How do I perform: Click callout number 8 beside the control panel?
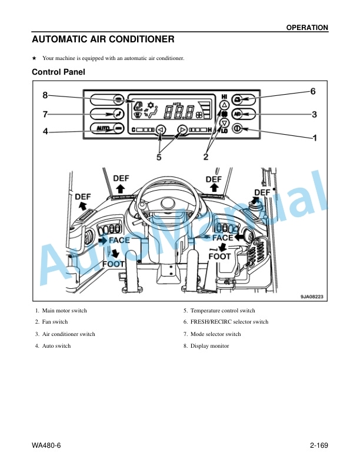pos(45,95)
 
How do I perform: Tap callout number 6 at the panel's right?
pos(313,91)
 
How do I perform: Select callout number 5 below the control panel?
pos(159,157)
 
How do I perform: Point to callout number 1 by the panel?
pos(315,138)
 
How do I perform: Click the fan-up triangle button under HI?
pos(224,105)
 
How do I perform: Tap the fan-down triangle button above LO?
pos(224,122)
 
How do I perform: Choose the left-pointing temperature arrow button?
pos(161,129)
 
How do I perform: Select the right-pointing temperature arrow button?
pos(182,129)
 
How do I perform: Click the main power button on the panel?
pos(236,129)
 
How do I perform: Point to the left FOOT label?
pos(113,264)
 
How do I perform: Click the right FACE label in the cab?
pos(223,238)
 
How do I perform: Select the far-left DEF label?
pos(83,197)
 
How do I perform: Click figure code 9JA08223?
pos(312,297)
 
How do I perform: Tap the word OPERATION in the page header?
pos(307,28)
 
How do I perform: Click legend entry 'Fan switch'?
pos(51,322)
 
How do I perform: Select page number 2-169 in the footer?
pos(319,445)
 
